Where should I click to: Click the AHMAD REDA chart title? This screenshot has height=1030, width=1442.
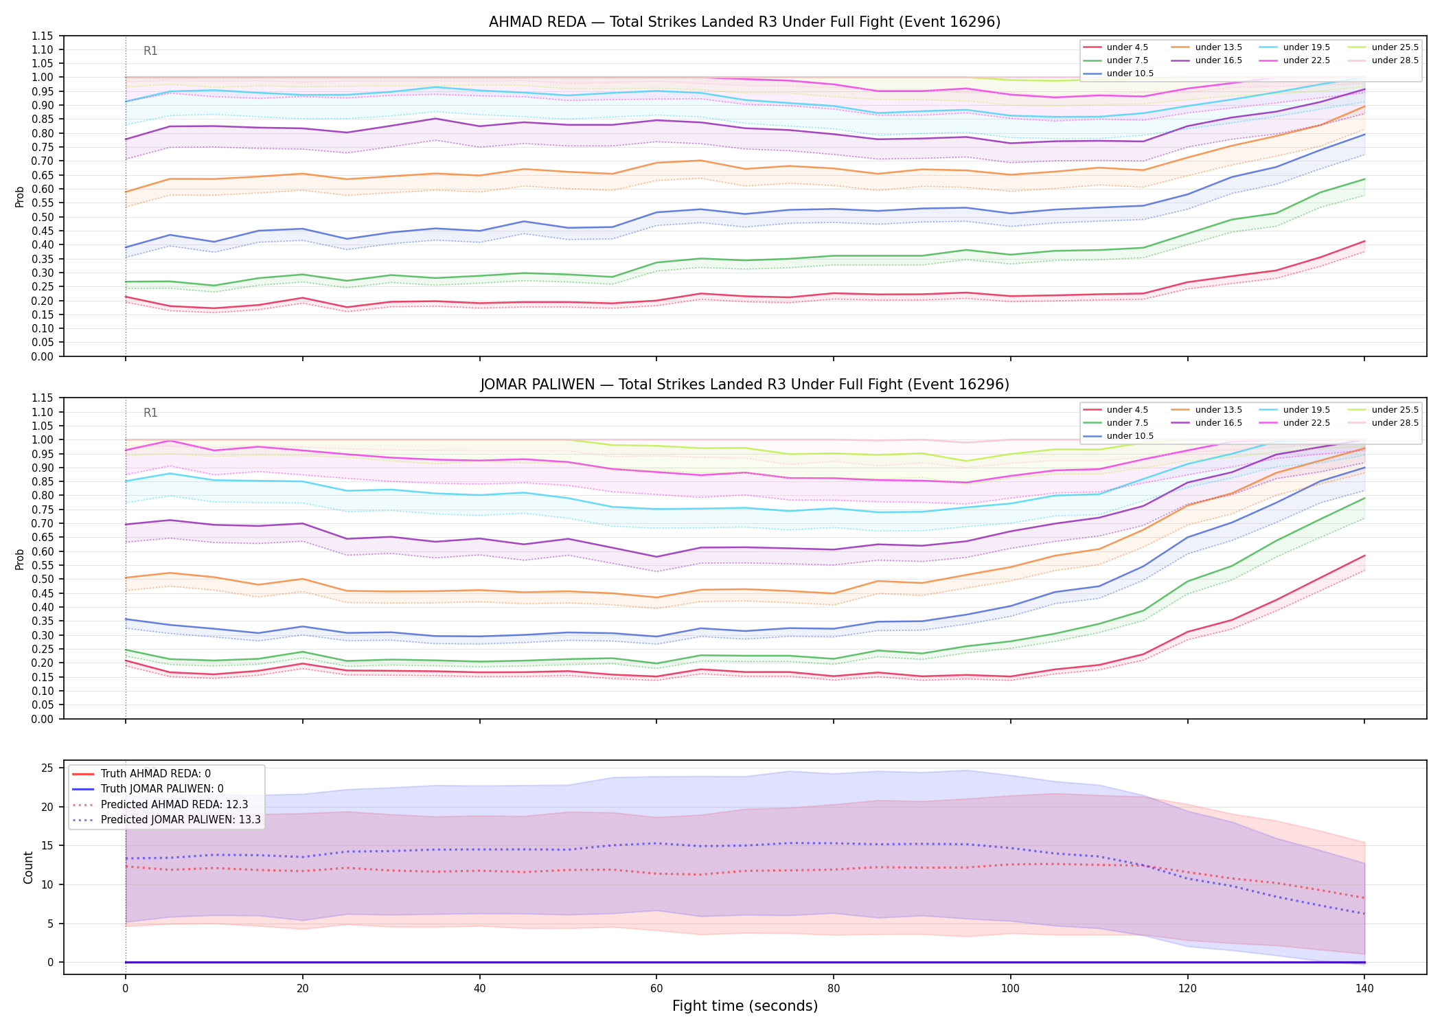click(744, 22)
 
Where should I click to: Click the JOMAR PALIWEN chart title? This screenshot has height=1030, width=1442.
click(744, 385)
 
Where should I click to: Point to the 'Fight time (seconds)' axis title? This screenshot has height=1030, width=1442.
click(745, 1007)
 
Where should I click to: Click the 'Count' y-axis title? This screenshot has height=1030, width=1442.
click(28, 867)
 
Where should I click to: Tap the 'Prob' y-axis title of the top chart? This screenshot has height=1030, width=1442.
click(20, 196)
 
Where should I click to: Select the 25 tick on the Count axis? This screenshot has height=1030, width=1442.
click(47, 768)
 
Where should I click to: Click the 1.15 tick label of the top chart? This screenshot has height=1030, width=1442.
click(43, 36)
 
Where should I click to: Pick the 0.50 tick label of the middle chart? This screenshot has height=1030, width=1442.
click(43, 580)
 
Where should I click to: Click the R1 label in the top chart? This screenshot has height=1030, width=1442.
click(150, 51)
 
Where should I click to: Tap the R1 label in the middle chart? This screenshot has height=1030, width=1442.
click(150, 413)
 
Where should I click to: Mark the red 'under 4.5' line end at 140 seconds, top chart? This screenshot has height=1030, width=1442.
click(1364, 241)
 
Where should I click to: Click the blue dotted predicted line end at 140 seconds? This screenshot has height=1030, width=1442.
click(1364, 914)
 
